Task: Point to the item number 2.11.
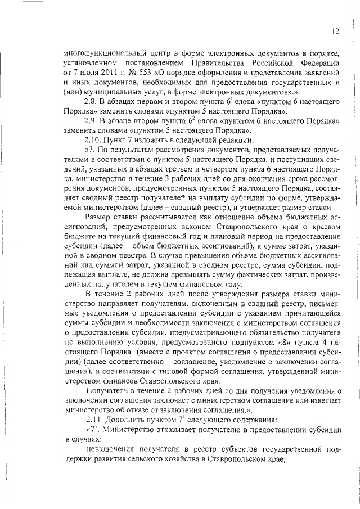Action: click(x=93, y=419)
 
